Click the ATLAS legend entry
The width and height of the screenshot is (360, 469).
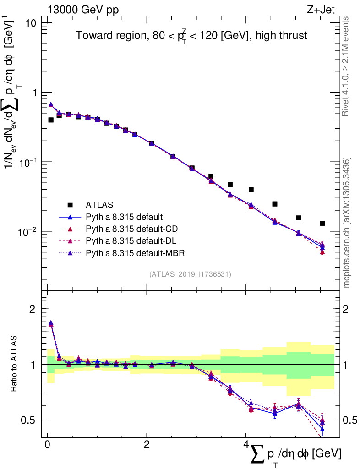(98, 205)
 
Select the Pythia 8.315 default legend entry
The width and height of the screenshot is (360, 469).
(124, 217)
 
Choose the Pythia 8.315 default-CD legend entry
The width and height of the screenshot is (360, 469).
(130, 229)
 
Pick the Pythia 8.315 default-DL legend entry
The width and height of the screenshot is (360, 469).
(130, 240)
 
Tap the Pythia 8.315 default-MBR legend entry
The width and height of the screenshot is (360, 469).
(132, 252)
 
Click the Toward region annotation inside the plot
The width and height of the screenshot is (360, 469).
(191, 36)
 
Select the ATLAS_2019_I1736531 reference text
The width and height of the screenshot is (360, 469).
(190, 274)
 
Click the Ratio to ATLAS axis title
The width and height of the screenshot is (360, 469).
(14, 364)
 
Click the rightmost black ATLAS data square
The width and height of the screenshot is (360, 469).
(322, 224)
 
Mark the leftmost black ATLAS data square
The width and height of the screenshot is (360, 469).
(51, 120)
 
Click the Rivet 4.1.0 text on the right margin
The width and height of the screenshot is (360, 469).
(347, 66)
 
